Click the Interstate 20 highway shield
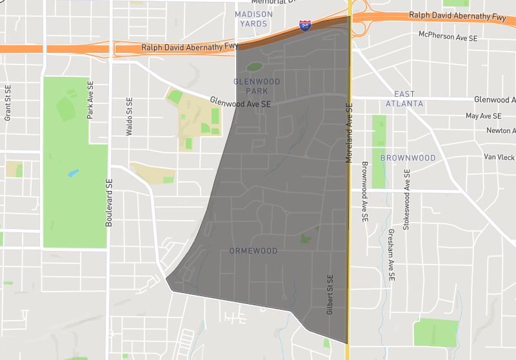point(305,26)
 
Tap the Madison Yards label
point(253,19)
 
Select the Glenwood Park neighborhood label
point(257,86)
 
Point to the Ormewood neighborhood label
point(253,251)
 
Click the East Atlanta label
point(404,99)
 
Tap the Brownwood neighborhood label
point(408,158)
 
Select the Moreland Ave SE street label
point(349,132)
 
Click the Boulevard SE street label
point(108,202)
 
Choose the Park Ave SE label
point(90,99)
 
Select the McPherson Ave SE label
point(448,36)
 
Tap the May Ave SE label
point(483,116)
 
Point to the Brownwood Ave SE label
point(364,192)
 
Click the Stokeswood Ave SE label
point(406,199)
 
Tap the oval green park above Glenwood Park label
point(255,66)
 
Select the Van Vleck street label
point(499,157)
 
